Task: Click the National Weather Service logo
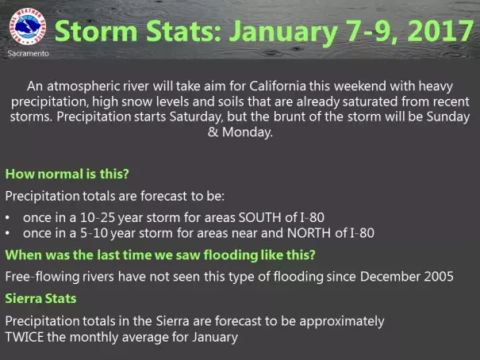(x=28, y=27)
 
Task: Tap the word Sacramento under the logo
(x=28, y=54)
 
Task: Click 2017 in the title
(x=440, y=31)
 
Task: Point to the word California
(x=278, y=86)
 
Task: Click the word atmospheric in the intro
(x=83, y=86)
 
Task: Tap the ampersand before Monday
(x=213, y=132)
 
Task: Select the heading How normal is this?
(x=67, y=174)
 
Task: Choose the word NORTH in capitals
(x=309, y=233)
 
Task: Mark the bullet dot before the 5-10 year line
(x=7, y=234)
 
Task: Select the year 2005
(x=439, y=277)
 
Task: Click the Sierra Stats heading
(x=40, y=299)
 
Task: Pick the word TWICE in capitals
(x=25, y=337)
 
